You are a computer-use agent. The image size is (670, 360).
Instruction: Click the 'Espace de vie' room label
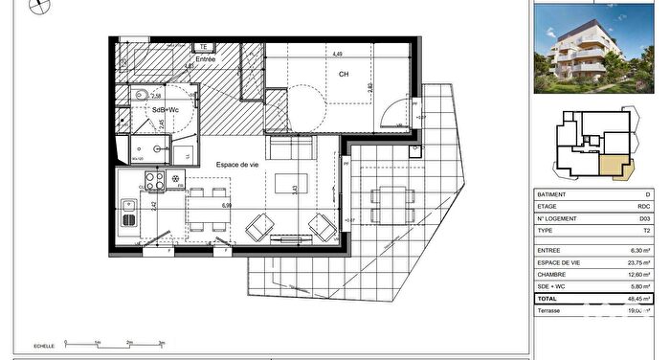(236, 166)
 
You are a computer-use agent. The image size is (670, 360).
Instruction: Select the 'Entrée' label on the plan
(205, 59)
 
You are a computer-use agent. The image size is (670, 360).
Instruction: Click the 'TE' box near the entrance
(203, 46)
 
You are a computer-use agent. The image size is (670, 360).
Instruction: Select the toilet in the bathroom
(140, 95)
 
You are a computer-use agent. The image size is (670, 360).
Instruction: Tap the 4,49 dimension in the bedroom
(338, 55)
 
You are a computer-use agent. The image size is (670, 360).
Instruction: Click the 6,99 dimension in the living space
(227, 205)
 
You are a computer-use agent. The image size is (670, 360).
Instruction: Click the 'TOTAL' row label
(549, 299)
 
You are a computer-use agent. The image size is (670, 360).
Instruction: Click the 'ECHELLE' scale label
(44, 345)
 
